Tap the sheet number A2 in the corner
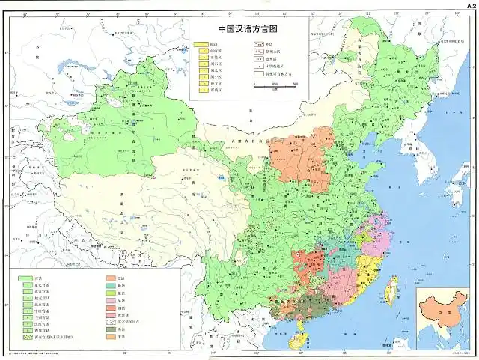click(x=469, y=4)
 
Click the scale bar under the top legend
click(x=280, y=85)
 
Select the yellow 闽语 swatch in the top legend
click(x=201, y=44)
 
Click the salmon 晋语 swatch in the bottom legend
click(x=110, y=278)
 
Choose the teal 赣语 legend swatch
click(x=110, y=287)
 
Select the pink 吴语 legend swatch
click(x=110, y=301)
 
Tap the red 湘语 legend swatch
click(x=110, y=308)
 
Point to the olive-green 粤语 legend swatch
click(x=110, y=329)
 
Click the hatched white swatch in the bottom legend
click(x=110, y=323)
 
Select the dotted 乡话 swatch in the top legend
click(x=257, y=44)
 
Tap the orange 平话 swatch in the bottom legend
click(x=110, y=337)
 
